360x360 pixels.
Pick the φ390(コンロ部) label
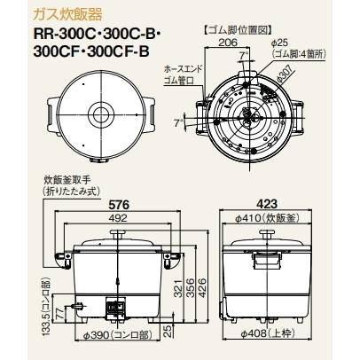coord(113,339)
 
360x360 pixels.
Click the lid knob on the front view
coord(115,230)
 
